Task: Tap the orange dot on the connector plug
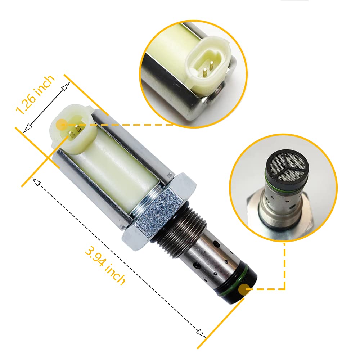(x=62, y=125)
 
